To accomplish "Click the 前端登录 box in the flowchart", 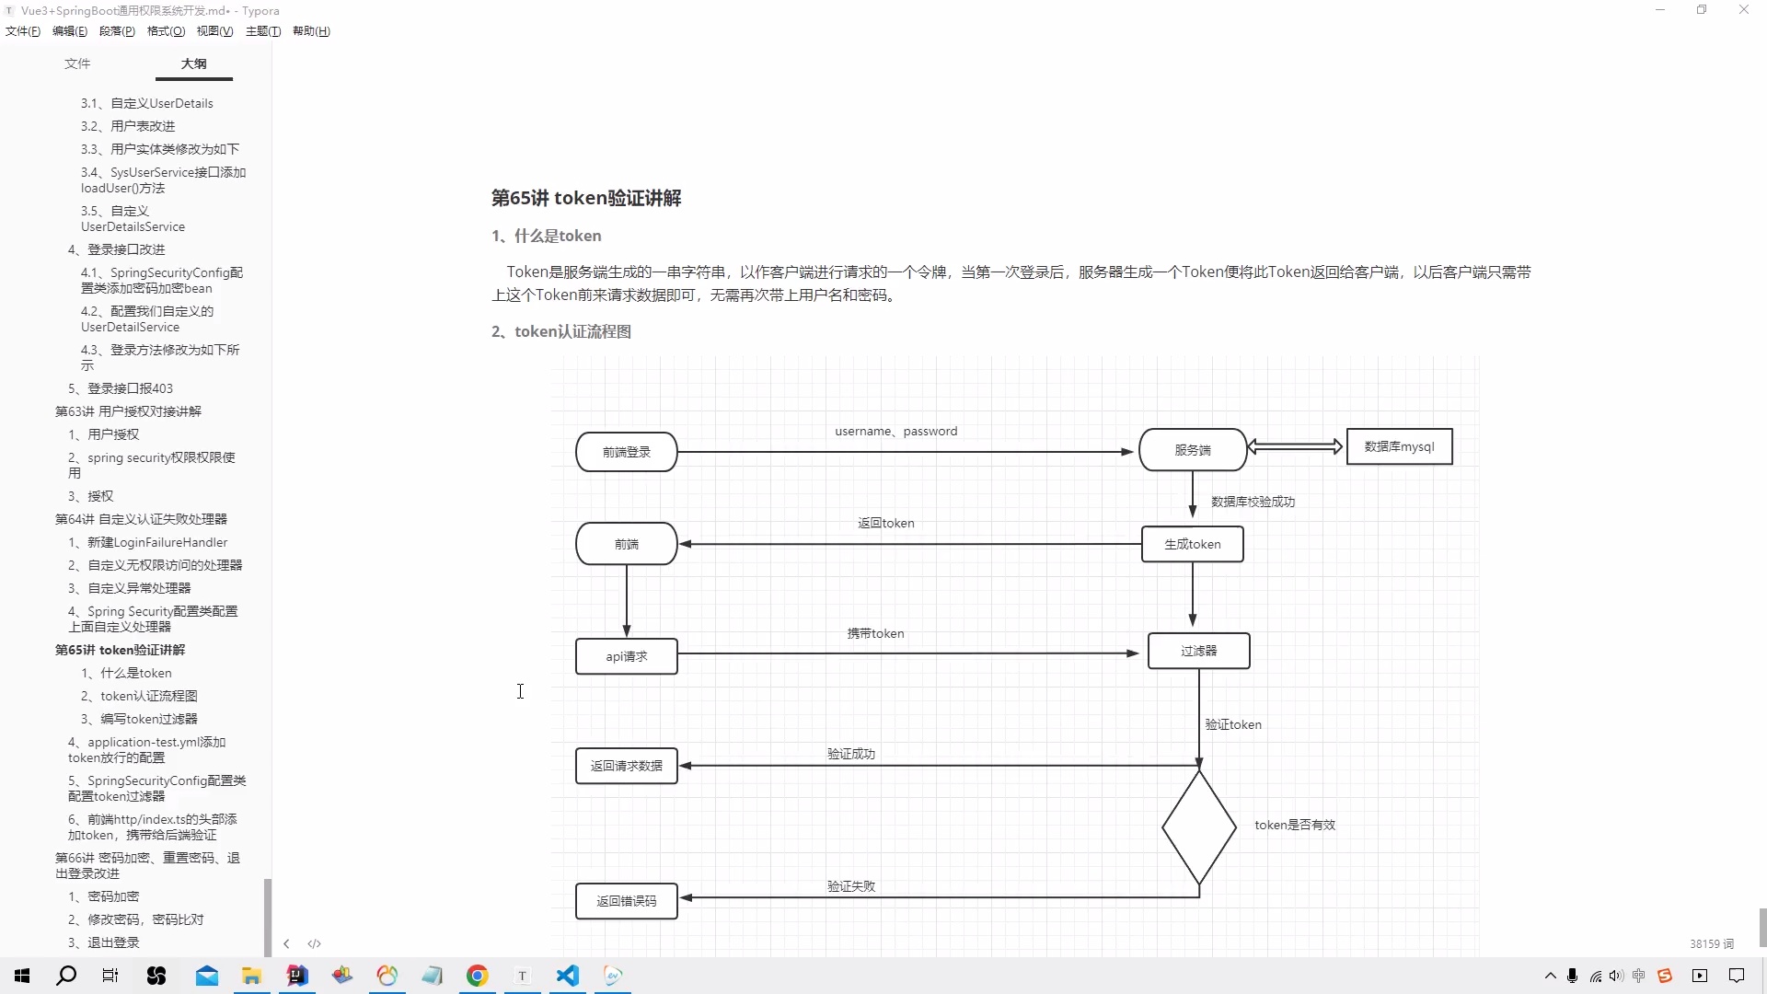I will (627, 452).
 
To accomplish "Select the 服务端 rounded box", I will (1193, 450).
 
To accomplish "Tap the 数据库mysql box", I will (1399, 446).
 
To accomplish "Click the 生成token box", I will (1193, 544).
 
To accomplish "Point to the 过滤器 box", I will (1198, 651).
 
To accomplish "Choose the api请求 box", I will (627, 656).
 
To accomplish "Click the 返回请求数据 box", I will (627, 766).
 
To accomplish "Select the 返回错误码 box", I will (627, 901).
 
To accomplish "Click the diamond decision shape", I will (1198, 827).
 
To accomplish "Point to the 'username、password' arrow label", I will (895, 431).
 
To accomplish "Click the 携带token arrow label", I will (875, 633).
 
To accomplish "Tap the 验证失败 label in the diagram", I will (851, 886).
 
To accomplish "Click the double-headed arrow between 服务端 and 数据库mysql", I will (1295, 446).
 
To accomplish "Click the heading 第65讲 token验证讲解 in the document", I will (586, 198).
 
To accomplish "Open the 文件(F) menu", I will (23, 31).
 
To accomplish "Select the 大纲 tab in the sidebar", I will (193, 64).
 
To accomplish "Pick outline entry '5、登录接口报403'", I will (121, 388).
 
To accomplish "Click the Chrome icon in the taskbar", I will (477, 976).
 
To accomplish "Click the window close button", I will (1743, 10).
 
